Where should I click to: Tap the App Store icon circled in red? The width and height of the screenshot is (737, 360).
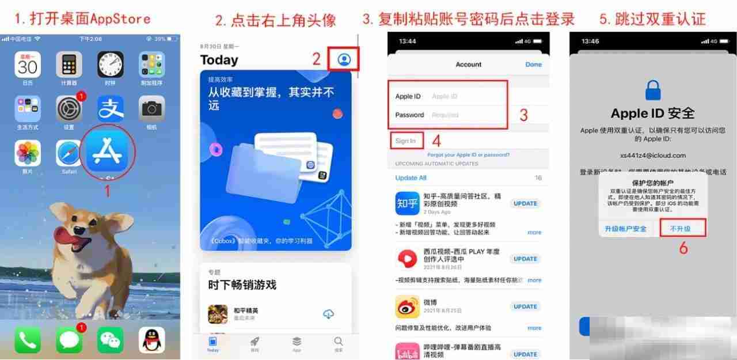107,151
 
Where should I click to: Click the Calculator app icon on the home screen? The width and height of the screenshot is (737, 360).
69,65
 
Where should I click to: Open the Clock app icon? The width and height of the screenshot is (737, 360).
111,65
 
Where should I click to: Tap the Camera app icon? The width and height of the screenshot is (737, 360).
152,108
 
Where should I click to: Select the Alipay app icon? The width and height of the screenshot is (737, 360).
111,108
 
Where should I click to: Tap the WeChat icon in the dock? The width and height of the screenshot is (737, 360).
111,340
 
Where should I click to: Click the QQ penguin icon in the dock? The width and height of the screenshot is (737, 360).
152,340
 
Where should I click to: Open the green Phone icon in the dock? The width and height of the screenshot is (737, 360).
28,340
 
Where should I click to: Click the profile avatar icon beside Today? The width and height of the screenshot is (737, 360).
344,59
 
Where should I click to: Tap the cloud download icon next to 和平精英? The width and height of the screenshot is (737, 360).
328,314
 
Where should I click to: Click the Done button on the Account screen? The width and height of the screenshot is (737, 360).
534,65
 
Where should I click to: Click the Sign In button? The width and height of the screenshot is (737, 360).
406,141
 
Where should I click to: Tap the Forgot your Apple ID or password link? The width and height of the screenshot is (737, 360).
468,155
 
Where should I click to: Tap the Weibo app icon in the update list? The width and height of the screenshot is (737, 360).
407,307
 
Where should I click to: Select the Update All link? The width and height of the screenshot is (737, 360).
411,178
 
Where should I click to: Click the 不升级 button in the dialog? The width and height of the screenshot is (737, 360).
682,229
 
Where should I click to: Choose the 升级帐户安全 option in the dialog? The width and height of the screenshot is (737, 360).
625,229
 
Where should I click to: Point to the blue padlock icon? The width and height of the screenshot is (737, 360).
653,90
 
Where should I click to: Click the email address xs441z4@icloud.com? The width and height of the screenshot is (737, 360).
653,156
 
